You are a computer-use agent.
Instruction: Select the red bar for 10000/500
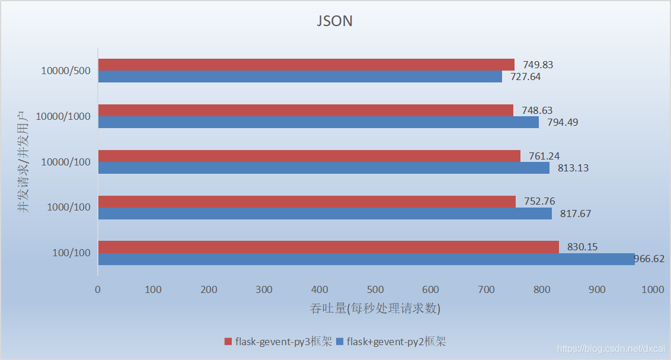click(x=306, y=65)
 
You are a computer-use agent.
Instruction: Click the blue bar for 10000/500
click(x=300, y=77)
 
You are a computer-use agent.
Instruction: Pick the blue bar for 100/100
click(x=366, y=259)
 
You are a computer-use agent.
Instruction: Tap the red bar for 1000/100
click(x=306, y=202)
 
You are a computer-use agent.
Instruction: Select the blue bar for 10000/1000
click(x=318, y=122)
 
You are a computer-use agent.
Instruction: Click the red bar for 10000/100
click(x=309, y=156)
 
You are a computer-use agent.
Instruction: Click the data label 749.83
click(x=537, y=65)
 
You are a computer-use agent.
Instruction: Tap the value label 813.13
click(x=572, y=168)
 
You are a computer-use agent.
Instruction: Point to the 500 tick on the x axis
click(x=375, y=289)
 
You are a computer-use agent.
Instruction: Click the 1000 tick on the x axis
click(x=652, y=289)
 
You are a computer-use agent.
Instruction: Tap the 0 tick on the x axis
click(x=98, y=289)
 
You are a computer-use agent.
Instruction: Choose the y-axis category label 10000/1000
click(x=63, y=116)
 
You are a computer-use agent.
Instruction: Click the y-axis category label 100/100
click(x=71, y=253)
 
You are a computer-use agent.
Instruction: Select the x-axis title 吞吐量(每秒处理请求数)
click(x=375, y=309)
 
